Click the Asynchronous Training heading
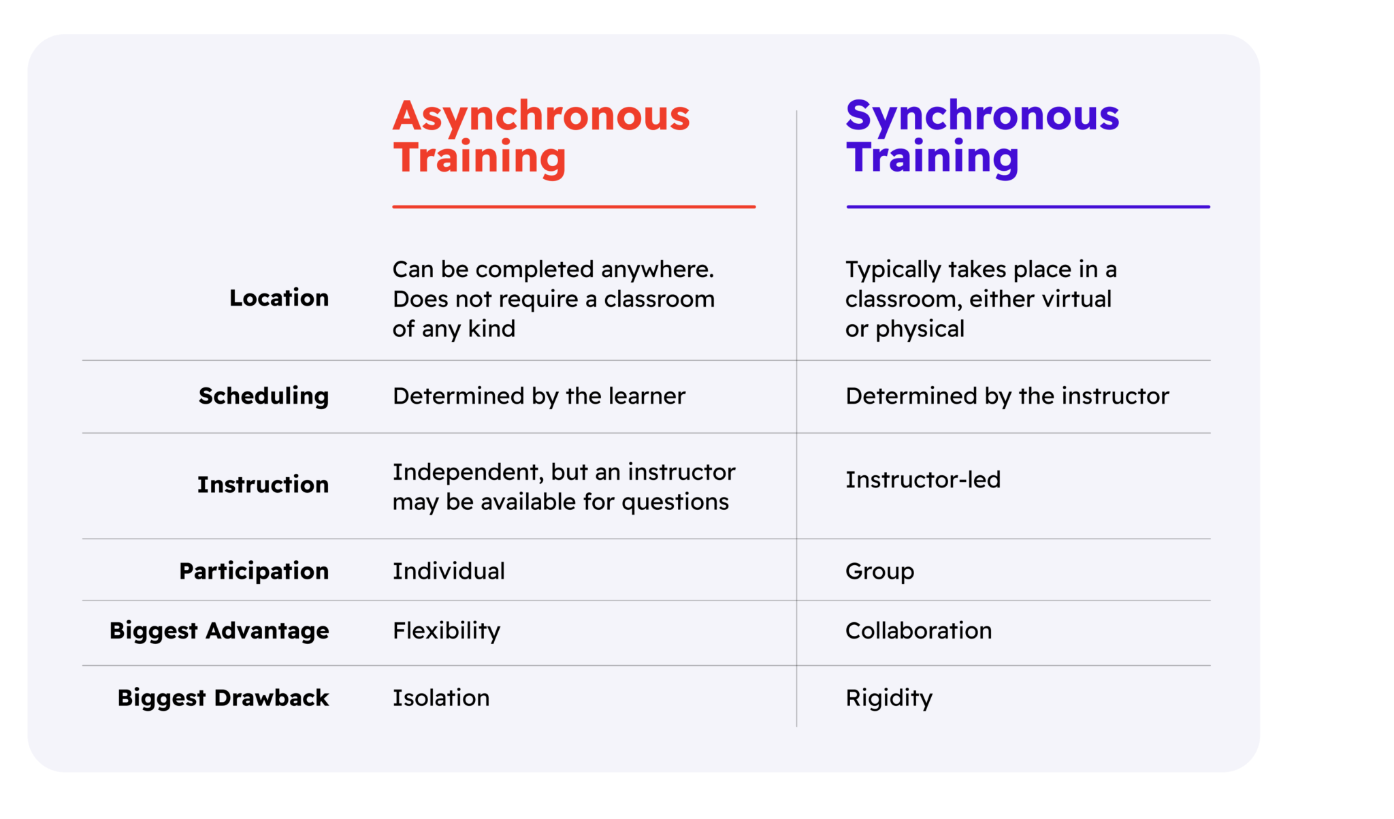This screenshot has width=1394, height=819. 541,136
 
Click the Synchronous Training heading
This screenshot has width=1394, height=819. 982,136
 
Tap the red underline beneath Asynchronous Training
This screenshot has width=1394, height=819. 574,206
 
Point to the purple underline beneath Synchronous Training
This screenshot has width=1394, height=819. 1028,206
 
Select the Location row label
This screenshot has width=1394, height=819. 279,298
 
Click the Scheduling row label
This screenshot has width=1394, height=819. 263,396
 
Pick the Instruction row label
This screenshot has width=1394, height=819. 263,485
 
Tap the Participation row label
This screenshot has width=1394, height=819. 254,571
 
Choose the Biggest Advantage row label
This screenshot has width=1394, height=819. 219,631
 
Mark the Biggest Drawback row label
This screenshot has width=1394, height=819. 223,698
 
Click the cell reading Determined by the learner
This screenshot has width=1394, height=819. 538,396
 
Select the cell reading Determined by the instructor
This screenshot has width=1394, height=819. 1007,396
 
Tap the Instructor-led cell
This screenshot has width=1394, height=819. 923,480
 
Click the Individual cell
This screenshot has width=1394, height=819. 449,571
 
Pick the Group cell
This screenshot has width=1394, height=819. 879,571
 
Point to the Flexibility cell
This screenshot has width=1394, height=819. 446,631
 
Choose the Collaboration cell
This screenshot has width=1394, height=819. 918,631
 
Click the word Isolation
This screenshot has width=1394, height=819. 441,698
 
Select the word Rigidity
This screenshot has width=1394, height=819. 888,698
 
